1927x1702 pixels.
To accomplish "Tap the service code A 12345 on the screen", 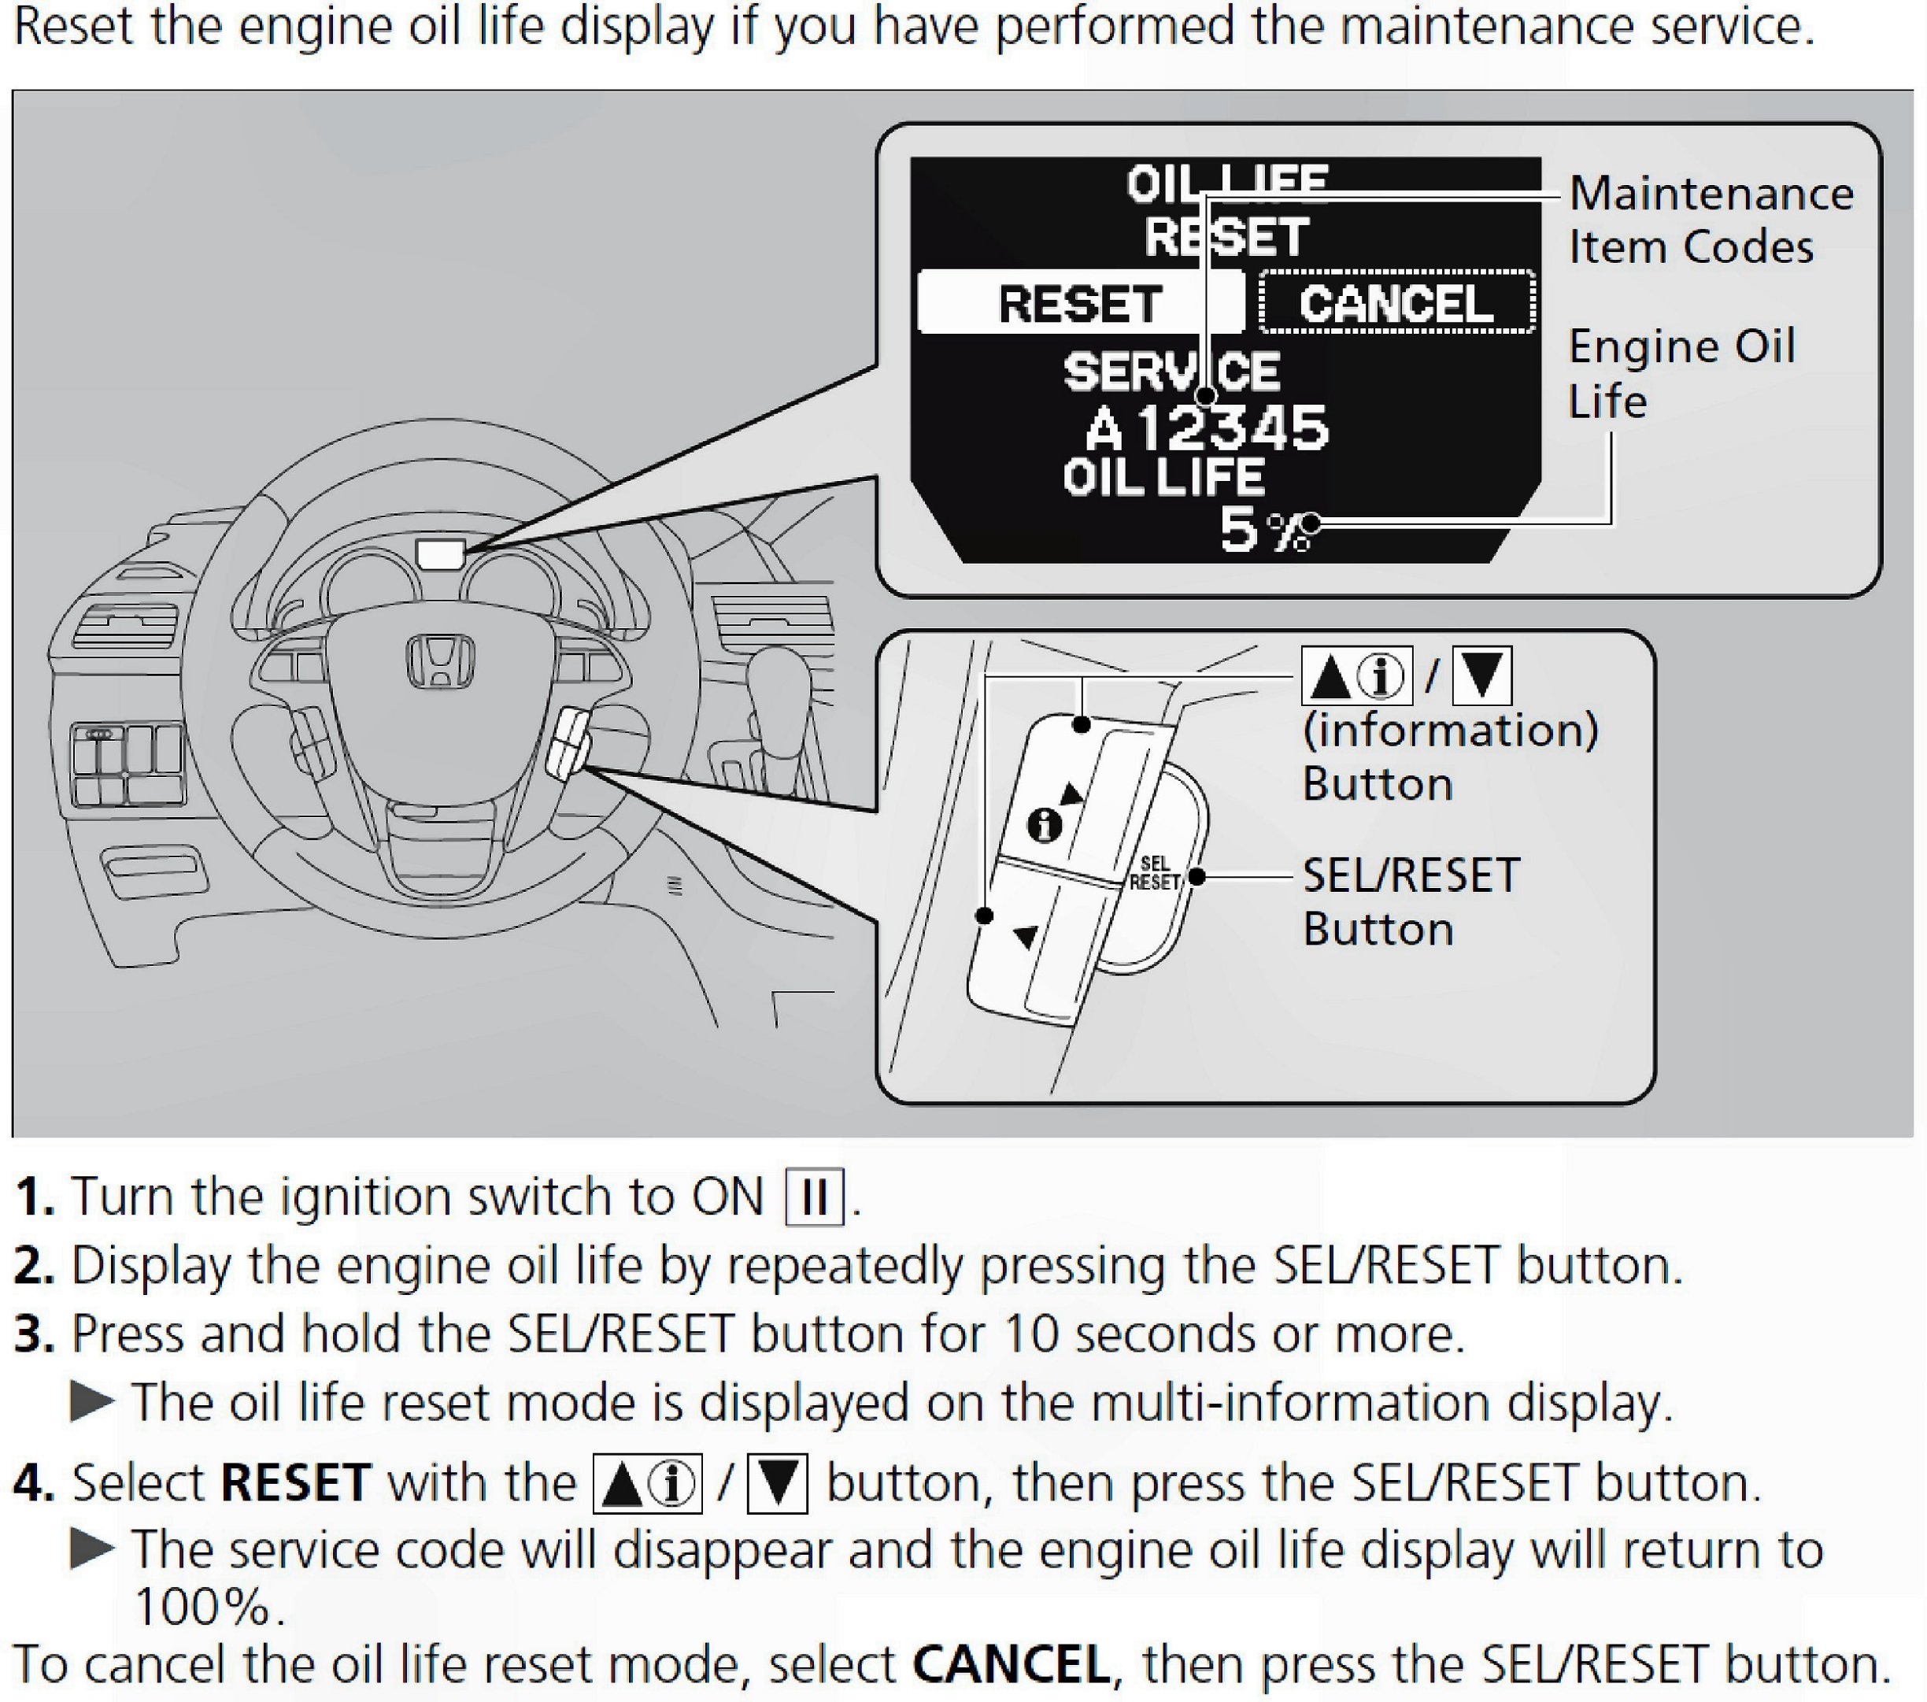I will pyautogui.click(x=1207, y=429).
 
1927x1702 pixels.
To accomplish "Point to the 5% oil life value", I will pyautogui.click(x=1263, y=530).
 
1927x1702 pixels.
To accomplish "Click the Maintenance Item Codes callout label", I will pyautogui.click(x=1711, y=220).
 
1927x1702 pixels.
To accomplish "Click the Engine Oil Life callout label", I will pyautogui.click(x=1681, y=372).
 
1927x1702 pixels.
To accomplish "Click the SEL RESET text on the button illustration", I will pyautogui.click(x=1155, y=873).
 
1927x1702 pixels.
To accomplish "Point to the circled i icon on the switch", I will pyautogui.click(x=1044, y=826).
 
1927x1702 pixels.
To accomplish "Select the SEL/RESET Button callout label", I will pyautogui.click(x=1411, y=901).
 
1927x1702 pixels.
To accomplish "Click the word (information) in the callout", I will pyautogui.click(x=1450, y=730).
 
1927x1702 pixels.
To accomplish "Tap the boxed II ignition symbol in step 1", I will pyautogui.click(x=815, y=1197).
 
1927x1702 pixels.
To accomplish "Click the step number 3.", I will pyautogui.click(x=34, y=1334).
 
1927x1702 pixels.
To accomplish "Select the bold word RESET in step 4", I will pyautogui.click(x=295, y=1482).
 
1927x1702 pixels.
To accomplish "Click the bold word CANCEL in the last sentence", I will pyautogui.click(x=1012, y=1664).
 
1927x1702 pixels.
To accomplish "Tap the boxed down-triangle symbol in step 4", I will pyautogui.click(x=777, y=1483).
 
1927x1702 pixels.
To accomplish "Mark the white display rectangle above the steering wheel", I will pyautogui.click(x=440, y=553).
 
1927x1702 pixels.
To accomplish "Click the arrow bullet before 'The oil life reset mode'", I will pyautogui.click(x=92, y=1402).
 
